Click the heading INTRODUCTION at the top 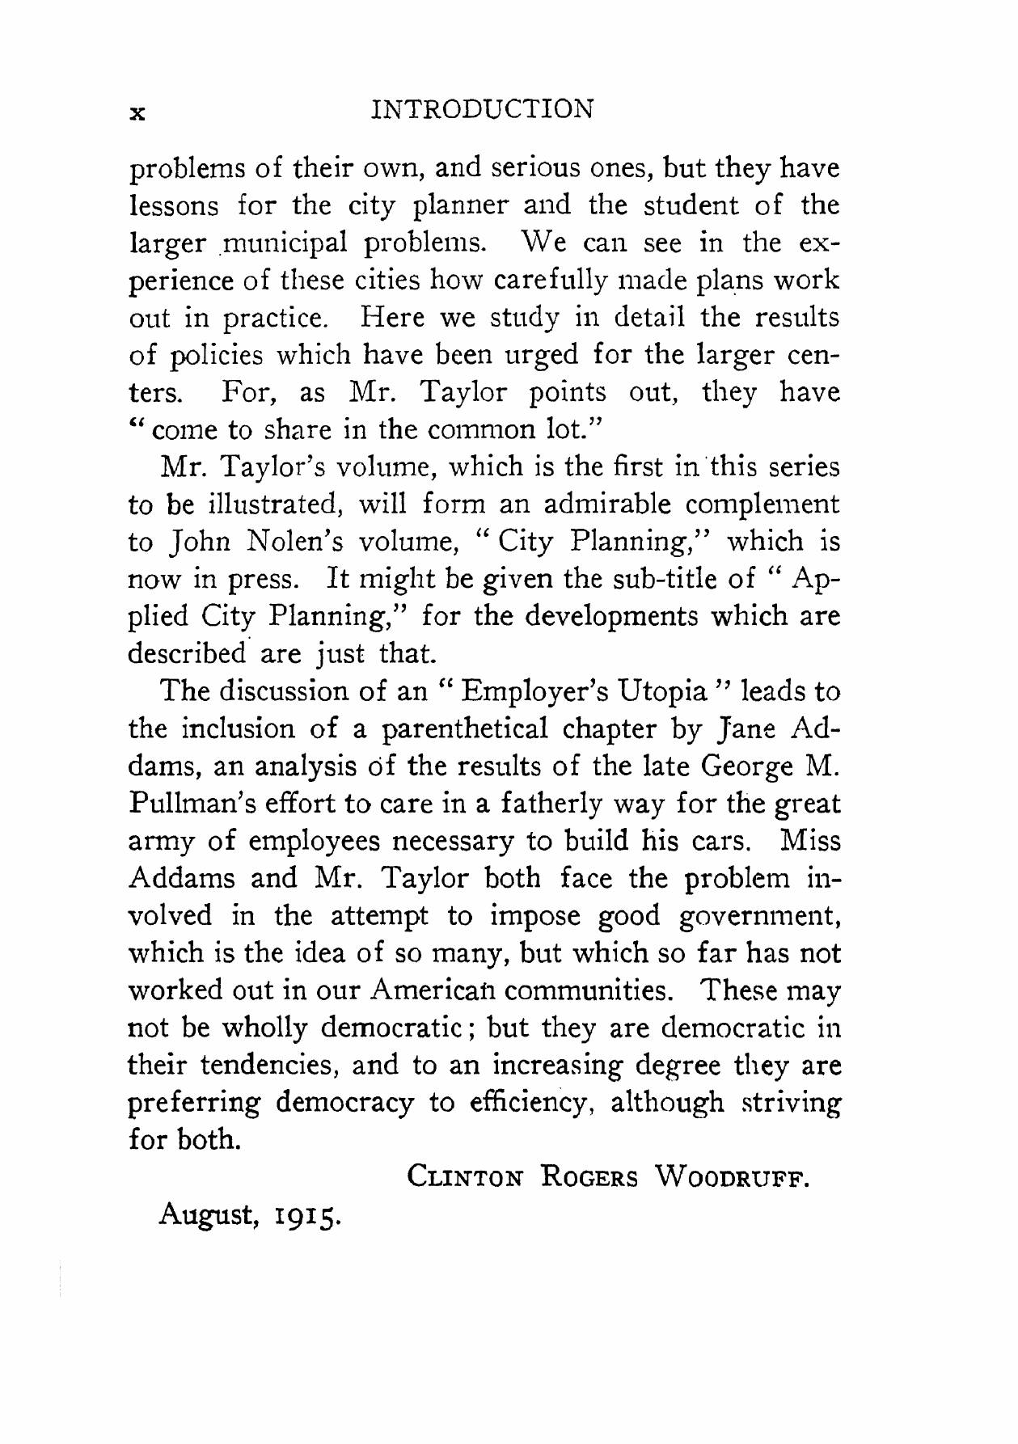point(482,109)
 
